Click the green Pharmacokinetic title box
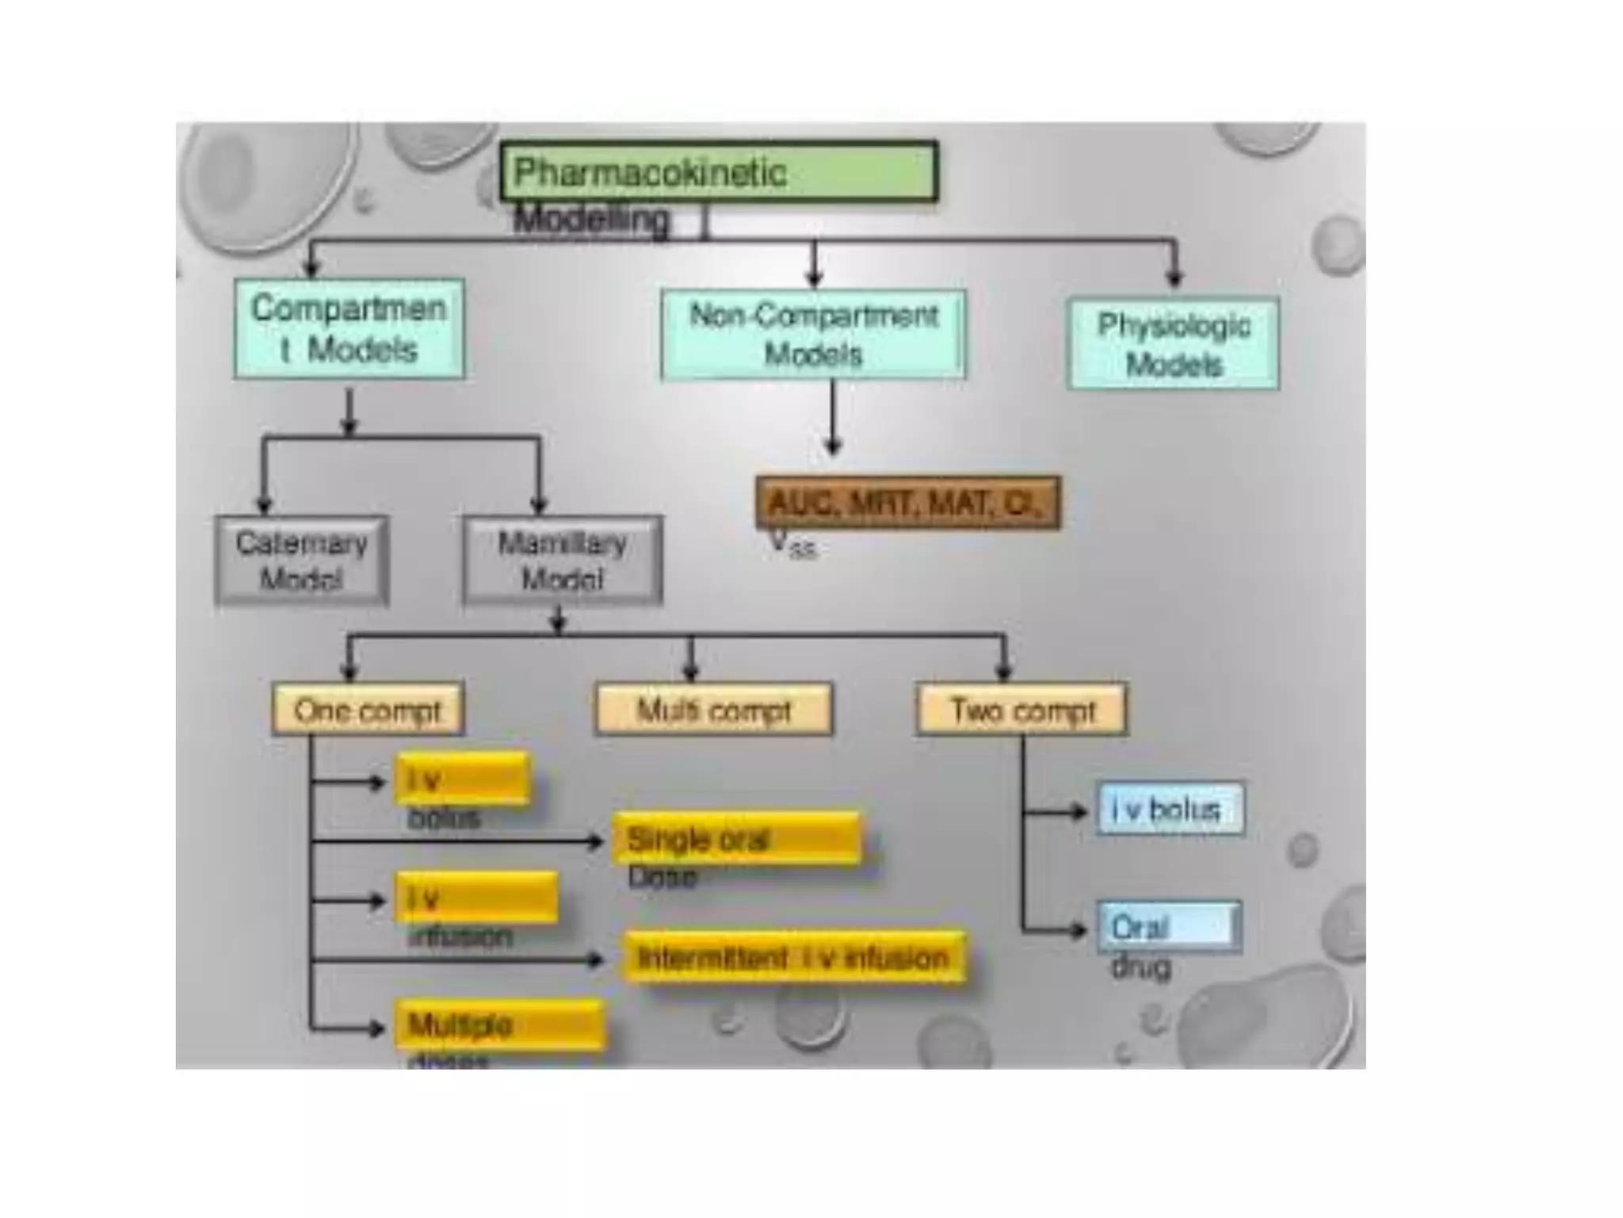pyautogui.click(x=719, y=171)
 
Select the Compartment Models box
pyautogui.click(x=349, y=328)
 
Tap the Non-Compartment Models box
pyautogui.click(x=813, y=335)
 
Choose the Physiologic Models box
pyautogui.click(x=1173, y=343)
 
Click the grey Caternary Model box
pyautogui.click(x=301, y=561)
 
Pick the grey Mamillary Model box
pyautogui.click(x=563, y=561)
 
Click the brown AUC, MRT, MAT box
pyautogui.click(x=908, y=503)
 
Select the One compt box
pyautogui.click(x=368, y=710)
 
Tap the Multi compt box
pyautogui.click(x=714, y=710)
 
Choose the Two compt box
pyautogui.click(x=1022, y=710)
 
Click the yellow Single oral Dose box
pyautogui.click(x=737, y=838)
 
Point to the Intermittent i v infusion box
pyautogui.click(x=795, y=958)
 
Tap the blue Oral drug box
pyautogui.click(x=1169, y=927)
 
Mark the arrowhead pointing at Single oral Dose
pyautogui.click(x=596, y=841)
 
